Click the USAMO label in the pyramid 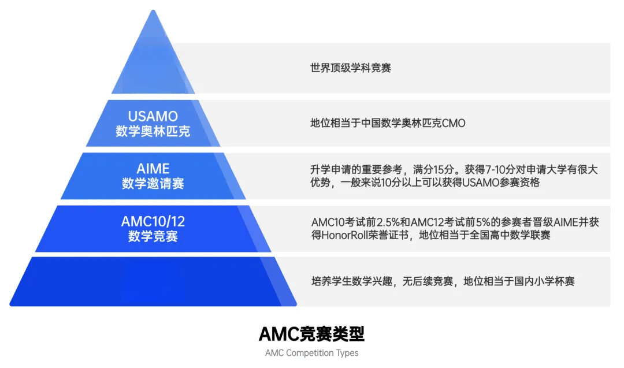pos(153,116)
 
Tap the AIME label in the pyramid pos(153,169)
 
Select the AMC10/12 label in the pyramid pos(153,222)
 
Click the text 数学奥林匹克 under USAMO pos(153,131)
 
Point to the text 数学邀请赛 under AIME pos(153,183)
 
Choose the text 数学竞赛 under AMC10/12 pos(153,236)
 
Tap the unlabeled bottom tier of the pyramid pos(153,282)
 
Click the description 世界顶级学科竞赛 pos(351,68)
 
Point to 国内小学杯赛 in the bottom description pos(544,282)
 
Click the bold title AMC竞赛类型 pos(311,334)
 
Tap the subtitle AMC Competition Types pos(311,353)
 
